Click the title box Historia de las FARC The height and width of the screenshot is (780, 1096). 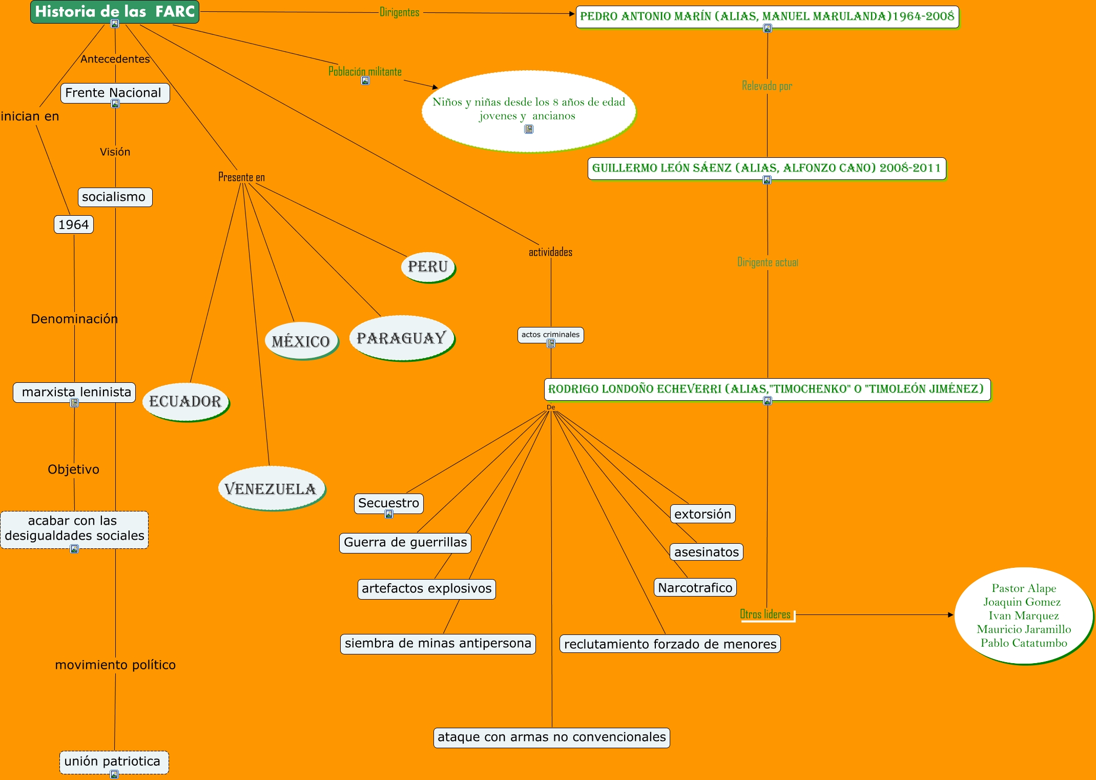(115, 11)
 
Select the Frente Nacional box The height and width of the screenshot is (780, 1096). (115, 93)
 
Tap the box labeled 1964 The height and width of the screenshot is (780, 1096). (74, 224)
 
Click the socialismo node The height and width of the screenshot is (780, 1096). (115, 197)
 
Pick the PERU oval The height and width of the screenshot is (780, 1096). (428, 266)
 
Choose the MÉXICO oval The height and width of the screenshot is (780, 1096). (301, 341)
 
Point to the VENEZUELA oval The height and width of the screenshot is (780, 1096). (271, 488)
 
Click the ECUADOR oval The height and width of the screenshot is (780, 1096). (185, 401)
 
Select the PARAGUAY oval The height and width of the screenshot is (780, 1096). (402, 338)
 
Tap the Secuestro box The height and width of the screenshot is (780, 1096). (389, 503)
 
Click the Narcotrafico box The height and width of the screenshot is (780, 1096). (695, 587)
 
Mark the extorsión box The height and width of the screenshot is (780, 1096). (702, 514)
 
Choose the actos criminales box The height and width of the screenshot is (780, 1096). (550, 335)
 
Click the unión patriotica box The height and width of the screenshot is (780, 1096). (114, 762)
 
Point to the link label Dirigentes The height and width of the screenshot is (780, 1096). (399, 12)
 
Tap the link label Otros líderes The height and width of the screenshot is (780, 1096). (766, 614)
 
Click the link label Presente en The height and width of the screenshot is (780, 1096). (241, 177)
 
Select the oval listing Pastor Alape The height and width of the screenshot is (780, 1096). (1024, 615)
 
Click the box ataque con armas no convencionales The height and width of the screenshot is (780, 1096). (551, 737)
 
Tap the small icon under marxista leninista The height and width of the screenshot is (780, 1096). (74, 403)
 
